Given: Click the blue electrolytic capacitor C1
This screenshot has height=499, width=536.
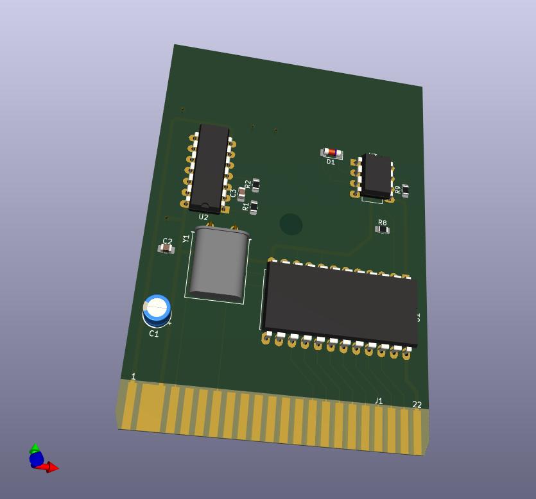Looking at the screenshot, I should click(157, 309).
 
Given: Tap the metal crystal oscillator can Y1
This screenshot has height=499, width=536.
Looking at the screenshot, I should click(219, 264).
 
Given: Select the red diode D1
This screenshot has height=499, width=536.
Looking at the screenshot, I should click(331, 152).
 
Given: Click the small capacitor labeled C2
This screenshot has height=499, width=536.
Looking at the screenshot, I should click(166, 248).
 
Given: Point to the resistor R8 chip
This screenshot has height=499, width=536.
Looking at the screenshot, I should click(382, 229).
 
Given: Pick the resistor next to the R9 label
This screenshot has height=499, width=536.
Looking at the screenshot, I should click(405, 190).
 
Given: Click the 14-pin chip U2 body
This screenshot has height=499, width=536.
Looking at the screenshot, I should click(209, 167).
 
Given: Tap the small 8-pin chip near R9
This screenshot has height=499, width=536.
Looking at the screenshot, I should click(376, 176).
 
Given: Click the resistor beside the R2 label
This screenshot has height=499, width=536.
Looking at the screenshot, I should click(255, 185).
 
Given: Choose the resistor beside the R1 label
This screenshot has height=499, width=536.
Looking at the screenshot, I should click(254, 207).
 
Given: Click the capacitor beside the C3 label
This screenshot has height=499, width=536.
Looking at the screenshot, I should click(242, 193).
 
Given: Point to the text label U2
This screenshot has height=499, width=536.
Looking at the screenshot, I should click(203, 217).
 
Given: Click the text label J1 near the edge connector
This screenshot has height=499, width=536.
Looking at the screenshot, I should click(378, 401).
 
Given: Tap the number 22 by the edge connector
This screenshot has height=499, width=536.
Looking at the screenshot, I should click(417, 405).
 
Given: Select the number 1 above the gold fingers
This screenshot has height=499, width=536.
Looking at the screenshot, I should click(134, 376).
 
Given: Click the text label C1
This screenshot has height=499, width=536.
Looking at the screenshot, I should click(154, 334).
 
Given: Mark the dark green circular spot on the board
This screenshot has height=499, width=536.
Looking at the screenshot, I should click(291, 224).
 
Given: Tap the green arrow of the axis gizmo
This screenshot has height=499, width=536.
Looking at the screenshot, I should click(35, 448).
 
